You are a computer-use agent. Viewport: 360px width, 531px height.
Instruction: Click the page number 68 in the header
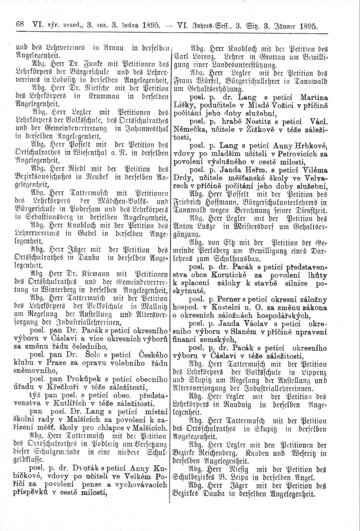coord(20,23)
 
